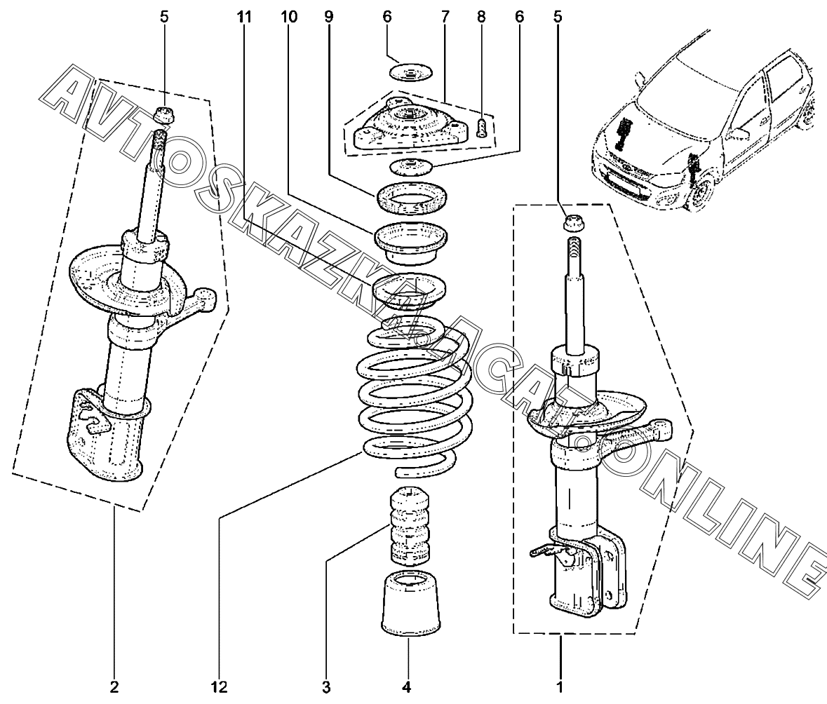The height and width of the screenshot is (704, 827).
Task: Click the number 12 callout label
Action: [x=220, y=686]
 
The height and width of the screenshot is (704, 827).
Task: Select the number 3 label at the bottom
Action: [x=326, y=686]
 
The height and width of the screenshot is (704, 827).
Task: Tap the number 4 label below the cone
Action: [x=407, y=686]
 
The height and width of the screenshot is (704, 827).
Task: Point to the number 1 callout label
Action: [x=560, y=686]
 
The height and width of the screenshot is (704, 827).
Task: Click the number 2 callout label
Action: [x=114, y=686]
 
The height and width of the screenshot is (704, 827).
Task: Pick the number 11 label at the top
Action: [x=244, y=17]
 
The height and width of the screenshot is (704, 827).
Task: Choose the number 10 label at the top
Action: [x=289, y=17]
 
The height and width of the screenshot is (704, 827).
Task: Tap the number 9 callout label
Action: [x=328, y=17]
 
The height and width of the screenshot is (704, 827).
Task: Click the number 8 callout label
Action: [x=481, y=17]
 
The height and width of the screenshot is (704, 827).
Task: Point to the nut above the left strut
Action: [x=164, y=114]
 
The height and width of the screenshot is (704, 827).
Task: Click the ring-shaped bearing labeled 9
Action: [x=412, y=198]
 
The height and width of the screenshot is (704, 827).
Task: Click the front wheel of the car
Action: [x=701, y=195]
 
